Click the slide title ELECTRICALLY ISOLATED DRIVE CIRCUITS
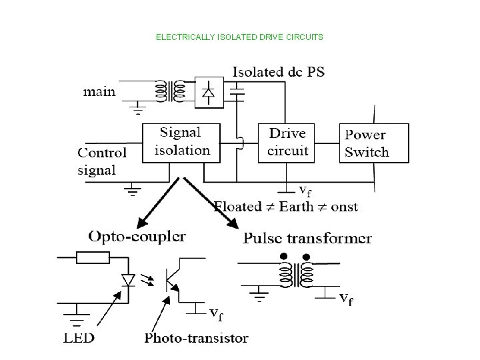(239, 37)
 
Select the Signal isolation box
(182, 141)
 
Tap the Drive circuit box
(288, 142)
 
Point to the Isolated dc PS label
(279, 72)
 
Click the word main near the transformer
(99, 91)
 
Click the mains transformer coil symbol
(170, 92)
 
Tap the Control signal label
(101, 160)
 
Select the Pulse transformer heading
(308, 238)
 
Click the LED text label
(79, 337)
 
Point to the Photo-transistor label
(196, 337)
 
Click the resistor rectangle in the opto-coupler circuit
(92, 257)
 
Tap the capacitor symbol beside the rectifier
(239, 92)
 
